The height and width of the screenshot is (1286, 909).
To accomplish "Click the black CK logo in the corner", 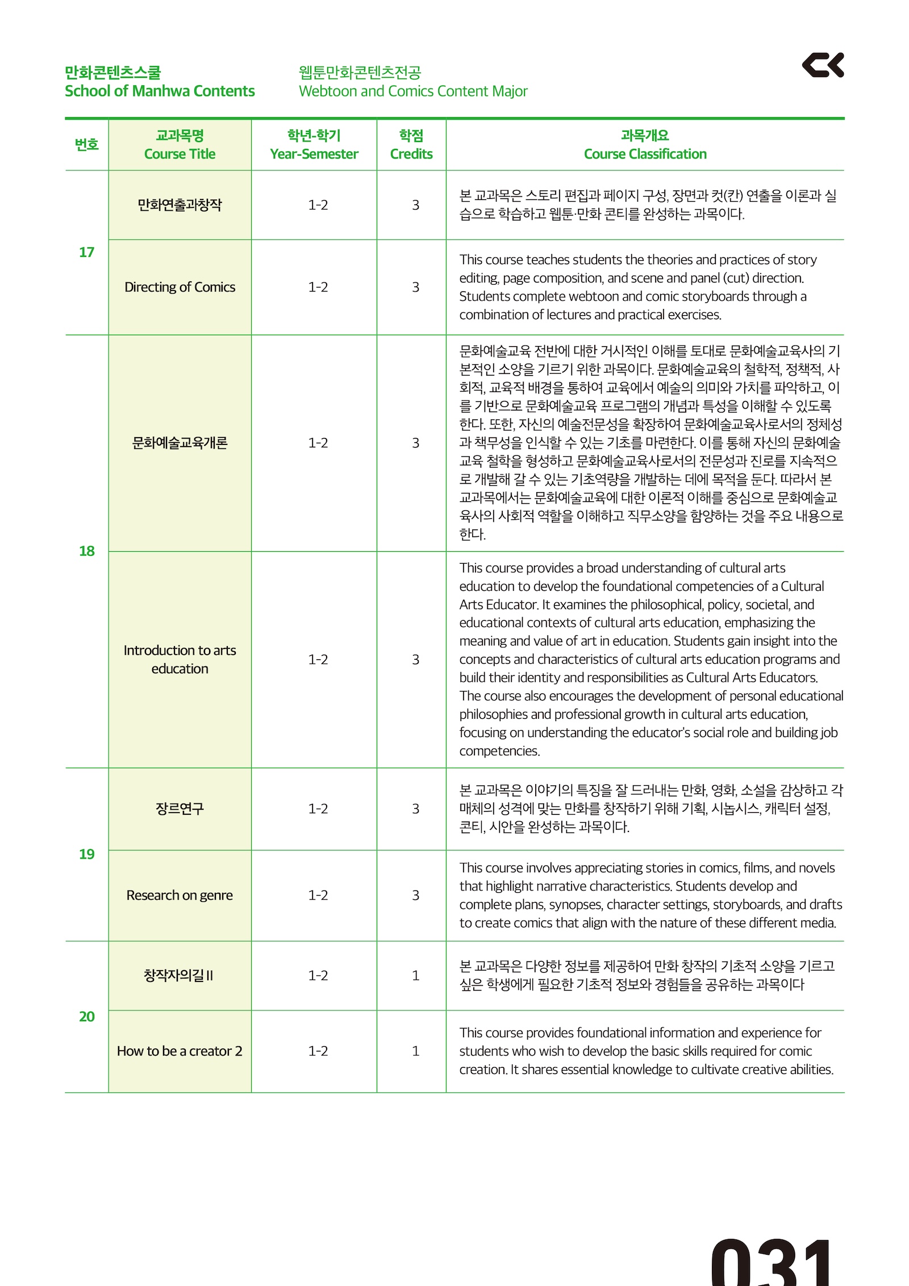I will click(823, 65).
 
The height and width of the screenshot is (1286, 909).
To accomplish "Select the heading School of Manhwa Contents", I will click(160, 91).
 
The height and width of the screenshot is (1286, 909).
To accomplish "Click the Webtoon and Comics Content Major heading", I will click(413, 91).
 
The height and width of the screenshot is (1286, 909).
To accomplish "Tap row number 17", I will click(86, 252).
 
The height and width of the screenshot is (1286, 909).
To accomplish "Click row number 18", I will click(86, 551).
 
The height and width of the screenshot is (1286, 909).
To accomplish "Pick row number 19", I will click(86, 854).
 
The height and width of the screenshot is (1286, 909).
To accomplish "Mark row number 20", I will click(86, 1017).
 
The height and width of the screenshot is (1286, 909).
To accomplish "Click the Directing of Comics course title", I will click(180, 287).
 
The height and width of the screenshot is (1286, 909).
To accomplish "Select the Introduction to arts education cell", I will click(180, 659).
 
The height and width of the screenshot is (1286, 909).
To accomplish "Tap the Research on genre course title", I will click(180, 895).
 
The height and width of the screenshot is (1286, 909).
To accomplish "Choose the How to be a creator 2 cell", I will click(180, 1051).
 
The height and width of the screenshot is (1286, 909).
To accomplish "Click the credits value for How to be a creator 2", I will click(416, 1051).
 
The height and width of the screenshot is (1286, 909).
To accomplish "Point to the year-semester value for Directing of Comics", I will click(318, 287).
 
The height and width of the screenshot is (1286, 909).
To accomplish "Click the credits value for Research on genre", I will click(416, 895).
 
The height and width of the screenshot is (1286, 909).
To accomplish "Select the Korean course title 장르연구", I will click(180, 808).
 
